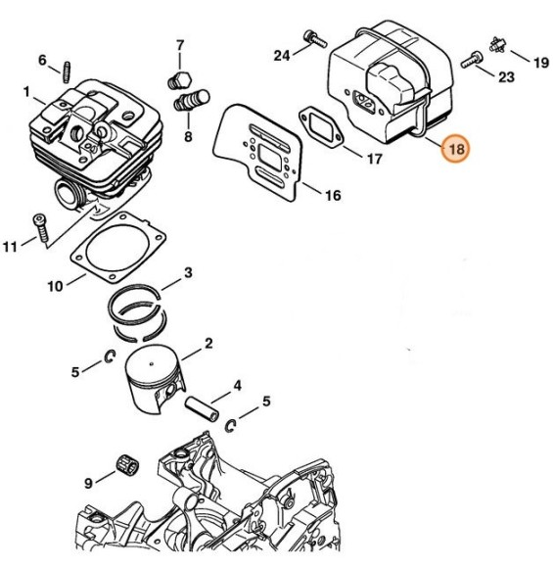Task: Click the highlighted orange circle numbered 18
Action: click(x=455, y=149)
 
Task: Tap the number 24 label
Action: click(x=281, y=56)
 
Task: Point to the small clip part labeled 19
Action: click(x=497, y=45)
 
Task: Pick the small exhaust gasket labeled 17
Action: click(x=321, y=126)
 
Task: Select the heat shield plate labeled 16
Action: click(x=257, y=152)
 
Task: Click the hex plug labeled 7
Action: click(x=180, y=81)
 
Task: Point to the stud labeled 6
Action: click(x=67, y=72)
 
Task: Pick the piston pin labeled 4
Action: click(x=202, y=408)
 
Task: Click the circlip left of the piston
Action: click(x=110, y=356)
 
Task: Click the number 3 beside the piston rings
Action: click(x=188, y=273)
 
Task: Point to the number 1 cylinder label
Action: click(x=26, y=92)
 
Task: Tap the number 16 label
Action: click(x=333, y=196)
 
